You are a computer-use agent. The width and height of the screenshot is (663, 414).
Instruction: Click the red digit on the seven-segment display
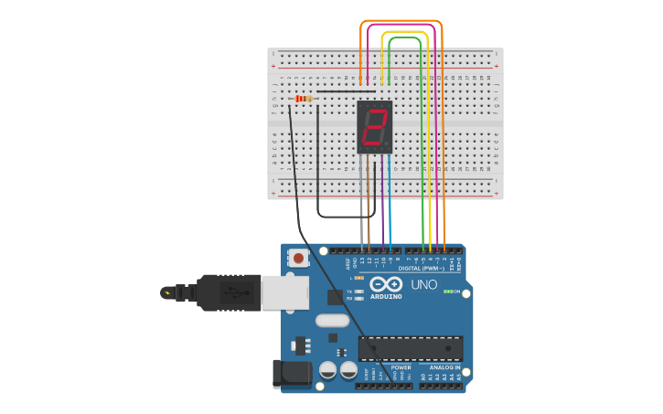[x=374, y=127]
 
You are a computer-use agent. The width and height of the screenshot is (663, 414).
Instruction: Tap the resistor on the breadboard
[x=304, y=99]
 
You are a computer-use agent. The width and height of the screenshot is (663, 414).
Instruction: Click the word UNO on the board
[x=423, y=284]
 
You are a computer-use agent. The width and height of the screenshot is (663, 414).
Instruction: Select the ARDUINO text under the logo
[x=387, y=296]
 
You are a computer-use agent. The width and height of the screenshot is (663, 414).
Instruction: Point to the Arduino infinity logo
[x=386, y=283]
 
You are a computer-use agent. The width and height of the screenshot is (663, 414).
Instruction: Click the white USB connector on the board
[x=284, y=292]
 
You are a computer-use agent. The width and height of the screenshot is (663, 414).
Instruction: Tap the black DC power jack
[x=292, y=374]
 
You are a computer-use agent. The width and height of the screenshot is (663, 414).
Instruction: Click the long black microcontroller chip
[x=410, y=347]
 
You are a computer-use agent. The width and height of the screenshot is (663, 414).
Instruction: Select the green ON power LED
[x=447, y=292]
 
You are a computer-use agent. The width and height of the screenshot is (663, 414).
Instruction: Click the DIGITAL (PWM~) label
[x=422, y=269]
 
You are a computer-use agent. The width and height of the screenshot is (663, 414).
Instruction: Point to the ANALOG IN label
[x=445, y=367]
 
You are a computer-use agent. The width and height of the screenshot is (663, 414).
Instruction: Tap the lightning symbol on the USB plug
[x=166, y=292]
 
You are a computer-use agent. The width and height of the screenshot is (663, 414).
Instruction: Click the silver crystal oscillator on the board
[x=332, y=321]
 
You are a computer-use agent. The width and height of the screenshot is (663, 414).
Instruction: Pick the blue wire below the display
[x=390, y=201]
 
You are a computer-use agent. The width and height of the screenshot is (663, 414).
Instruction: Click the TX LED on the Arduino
[x=359, y=292]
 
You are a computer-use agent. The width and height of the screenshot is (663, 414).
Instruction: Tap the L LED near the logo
[x=358, y=278]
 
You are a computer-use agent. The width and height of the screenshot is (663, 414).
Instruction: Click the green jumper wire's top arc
[x=404, y=37]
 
